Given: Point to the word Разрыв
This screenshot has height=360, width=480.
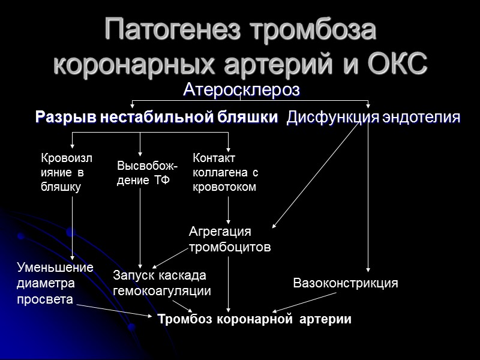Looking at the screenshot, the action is coord(65,118).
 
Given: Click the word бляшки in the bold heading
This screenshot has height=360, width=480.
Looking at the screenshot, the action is coord(248,118).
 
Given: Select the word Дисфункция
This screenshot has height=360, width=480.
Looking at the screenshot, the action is coord(333,118).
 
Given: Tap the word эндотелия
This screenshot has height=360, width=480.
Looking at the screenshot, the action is coord(421,118).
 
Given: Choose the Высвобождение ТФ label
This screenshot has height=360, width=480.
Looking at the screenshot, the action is coord(139,173).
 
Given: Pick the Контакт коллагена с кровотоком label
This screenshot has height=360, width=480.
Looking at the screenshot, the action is coord(225,173).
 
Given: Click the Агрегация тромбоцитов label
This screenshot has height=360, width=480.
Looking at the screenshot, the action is coord(230,239).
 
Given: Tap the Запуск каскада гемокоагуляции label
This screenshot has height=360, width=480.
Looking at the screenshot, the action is coord(162,283).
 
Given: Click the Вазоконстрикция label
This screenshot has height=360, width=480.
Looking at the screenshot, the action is coord(345,283).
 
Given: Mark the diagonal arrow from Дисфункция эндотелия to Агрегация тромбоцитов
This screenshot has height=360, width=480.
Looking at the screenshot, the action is coord(318,174).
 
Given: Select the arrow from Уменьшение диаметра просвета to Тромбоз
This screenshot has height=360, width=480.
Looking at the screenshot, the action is coord(114,310).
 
